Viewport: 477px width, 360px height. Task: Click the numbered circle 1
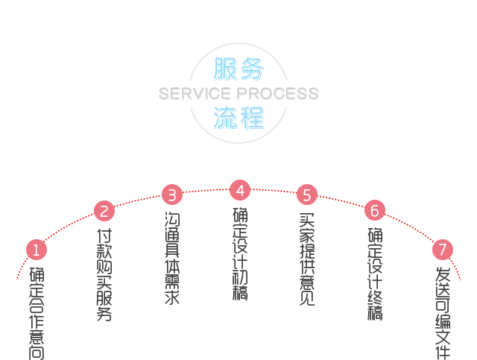click(x=37, y=249)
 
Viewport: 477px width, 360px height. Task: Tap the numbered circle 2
click(x=104, y=211)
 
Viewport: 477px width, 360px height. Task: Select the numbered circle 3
click(x=172, y=195)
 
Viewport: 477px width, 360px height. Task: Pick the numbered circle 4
click(x=239, y=189)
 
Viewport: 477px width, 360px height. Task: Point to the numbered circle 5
click(x=307, y=195)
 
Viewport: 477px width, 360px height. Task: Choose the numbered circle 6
click(x=375, y=209)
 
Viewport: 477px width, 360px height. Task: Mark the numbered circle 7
click(x=443, y=249)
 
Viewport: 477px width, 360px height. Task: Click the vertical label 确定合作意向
click(x=37, y=313)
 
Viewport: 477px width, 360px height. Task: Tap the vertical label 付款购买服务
click(x=104, y=275)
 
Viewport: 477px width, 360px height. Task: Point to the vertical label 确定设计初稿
click(x=239, y=253)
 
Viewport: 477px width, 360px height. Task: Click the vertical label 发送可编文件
click(x=443, y=313)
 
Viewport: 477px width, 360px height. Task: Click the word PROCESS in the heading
click(x=277, y=94)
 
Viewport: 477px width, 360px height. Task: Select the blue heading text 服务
click(x=238, y=69)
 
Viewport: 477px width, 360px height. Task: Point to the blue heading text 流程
click(x=238, y=117)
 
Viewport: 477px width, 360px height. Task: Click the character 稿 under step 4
click(x=239, y=292)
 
